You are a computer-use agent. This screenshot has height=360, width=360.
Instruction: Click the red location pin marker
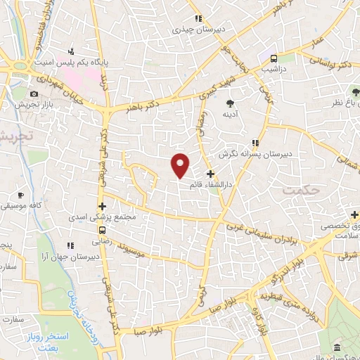181,164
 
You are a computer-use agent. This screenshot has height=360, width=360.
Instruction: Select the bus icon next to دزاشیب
274,58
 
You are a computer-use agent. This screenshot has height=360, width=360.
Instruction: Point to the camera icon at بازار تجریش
34,94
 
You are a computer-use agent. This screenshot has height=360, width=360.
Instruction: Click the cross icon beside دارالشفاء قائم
210,174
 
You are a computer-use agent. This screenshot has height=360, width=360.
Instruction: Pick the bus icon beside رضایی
103,229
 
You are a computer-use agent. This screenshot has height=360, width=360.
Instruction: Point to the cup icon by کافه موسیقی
21,194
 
